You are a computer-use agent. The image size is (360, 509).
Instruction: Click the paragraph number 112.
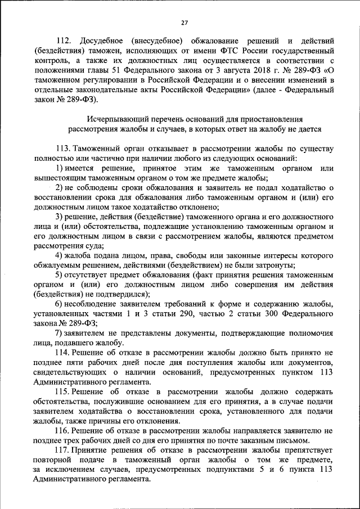66,42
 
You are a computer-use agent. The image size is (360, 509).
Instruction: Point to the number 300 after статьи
272,313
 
